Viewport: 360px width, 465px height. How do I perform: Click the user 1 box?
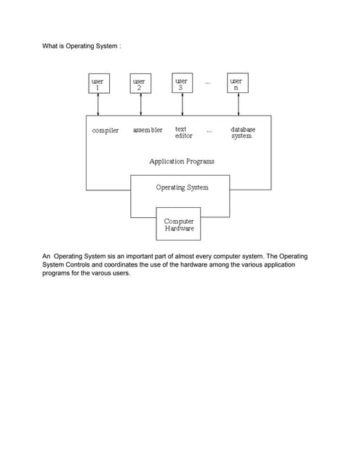coord(97,84)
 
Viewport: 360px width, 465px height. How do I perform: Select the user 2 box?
coord(139,84)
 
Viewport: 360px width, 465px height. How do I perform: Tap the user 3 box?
coord(182,84)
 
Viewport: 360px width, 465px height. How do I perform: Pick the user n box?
coord(236,84)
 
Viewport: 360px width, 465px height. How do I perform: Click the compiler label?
coord(105,131)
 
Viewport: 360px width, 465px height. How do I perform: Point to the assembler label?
coord(148,131)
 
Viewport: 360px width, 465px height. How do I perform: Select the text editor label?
coord(183,133)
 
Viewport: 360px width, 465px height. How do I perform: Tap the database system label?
coord(242,133)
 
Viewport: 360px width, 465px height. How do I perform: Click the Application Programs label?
coord(181,161)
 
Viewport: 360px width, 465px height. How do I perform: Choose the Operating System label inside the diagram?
coord(182,187)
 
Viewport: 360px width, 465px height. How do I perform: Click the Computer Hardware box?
coord(179,224)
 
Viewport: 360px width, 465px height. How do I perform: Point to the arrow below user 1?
coord(97,105)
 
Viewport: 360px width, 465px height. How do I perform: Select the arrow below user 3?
coord(182,105)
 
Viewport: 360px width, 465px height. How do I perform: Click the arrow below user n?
coord(236,105)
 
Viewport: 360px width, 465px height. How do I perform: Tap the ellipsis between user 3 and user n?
coord(208,84)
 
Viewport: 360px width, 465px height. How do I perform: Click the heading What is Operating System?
coord(81,46)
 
